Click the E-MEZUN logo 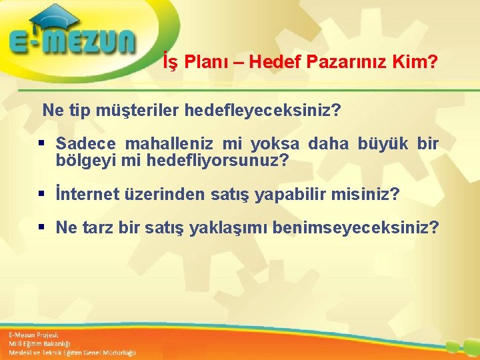[x=72, y=43]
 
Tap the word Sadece [x=86, y=144]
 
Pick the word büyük [x=383, y=144]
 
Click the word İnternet [x=87, y=195]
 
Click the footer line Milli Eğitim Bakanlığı [x=41, y=343]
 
